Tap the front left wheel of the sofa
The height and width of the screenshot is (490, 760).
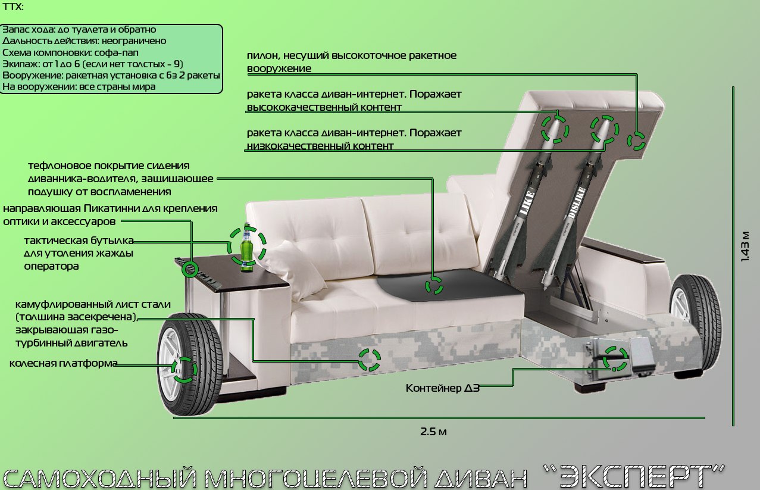pyautogui.click(x=189, y=364)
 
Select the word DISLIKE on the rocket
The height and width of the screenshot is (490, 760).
pyautogui.click(x=576, y=202)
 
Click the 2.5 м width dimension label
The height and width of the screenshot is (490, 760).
pyautogui.click(x=433, y=432)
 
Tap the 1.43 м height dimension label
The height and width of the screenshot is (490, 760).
pyautogui.click(x=745, y=246)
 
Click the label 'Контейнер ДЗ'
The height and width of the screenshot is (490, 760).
pyautogui.click(x=442, y=388)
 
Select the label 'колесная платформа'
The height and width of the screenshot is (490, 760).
pyautogui.click(x=63, y=363)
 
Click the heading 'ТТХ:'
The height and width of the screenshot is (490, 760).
pyautogui.click(x=12, y=7)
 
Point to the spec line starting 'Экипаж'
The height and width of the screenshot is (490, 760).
pyautogui.click(x=93, y=64)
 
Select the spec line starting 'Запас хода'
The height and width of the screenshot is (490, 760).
pyautogui.click(x=79, y=30)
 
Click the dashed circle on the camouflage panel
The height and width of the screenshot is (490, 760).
pyautogui.click(x=370, y=360)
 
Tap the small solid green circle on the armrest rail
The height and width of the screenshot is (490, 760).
pyautogui.click(x=190, y=270)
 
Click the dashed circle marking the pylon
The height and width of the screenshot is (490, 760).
pyautogui.click(x=636, y=141)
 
